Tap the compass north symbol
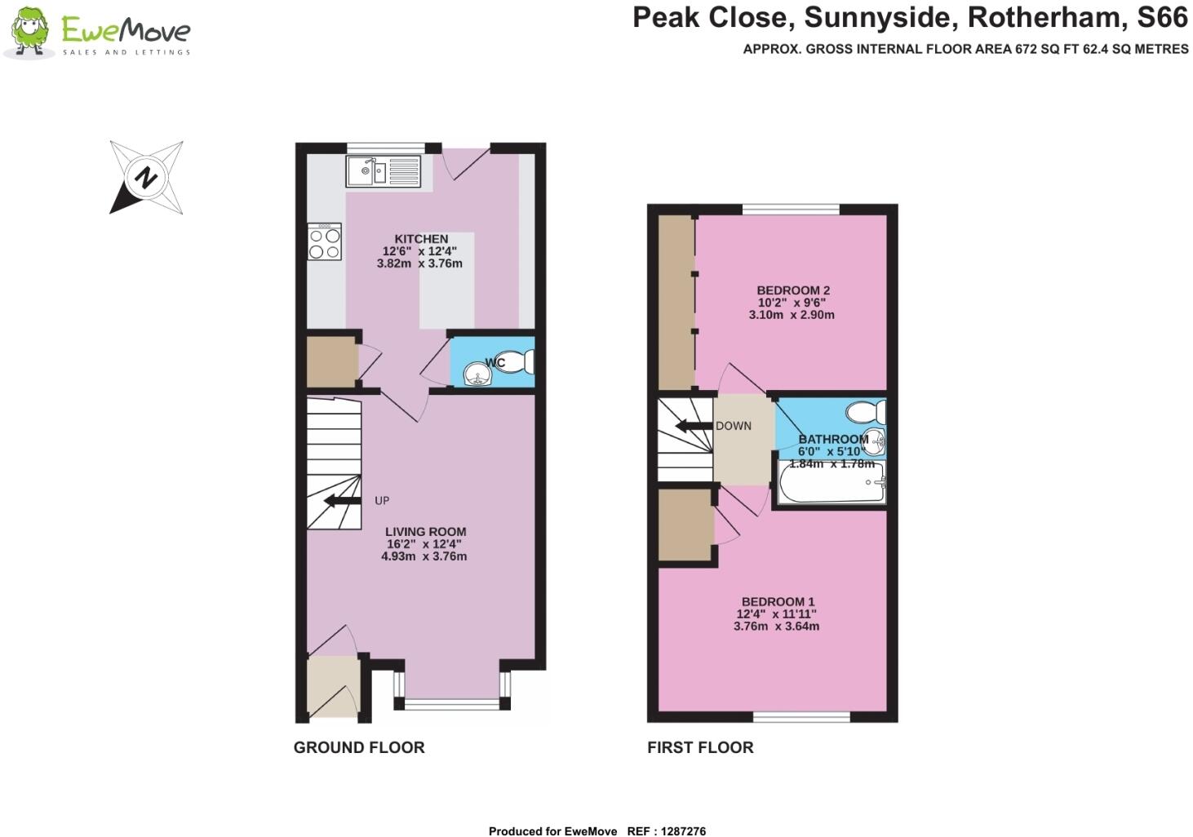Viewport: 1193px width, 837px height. coord(146,177)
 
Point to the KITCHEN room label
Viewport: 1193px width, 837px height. coord(421,239)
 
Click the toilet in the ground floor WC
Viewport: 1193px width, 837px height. coord(519,361)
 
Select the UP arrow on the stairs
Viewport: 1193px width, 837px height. coord(343,501)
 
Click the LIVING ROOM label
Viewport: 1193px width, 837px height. coord(425,532)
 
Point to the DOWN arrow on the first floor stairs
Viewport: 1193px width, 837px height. coord(693,426)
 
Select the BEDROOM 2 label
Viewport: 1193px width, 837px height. coord(792,290)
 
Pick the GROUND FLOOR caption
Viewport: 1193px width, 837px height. coord(359,747)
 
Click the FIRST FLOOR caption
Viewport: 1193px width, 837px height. coord(700,747)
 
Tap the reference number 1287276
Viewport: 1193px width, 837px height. coord(678,831)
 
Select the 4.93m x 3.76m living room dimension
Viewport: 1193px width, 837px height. coord(424,556)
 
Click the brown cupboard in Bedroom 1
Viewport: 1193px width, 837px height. coord(685,525)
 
